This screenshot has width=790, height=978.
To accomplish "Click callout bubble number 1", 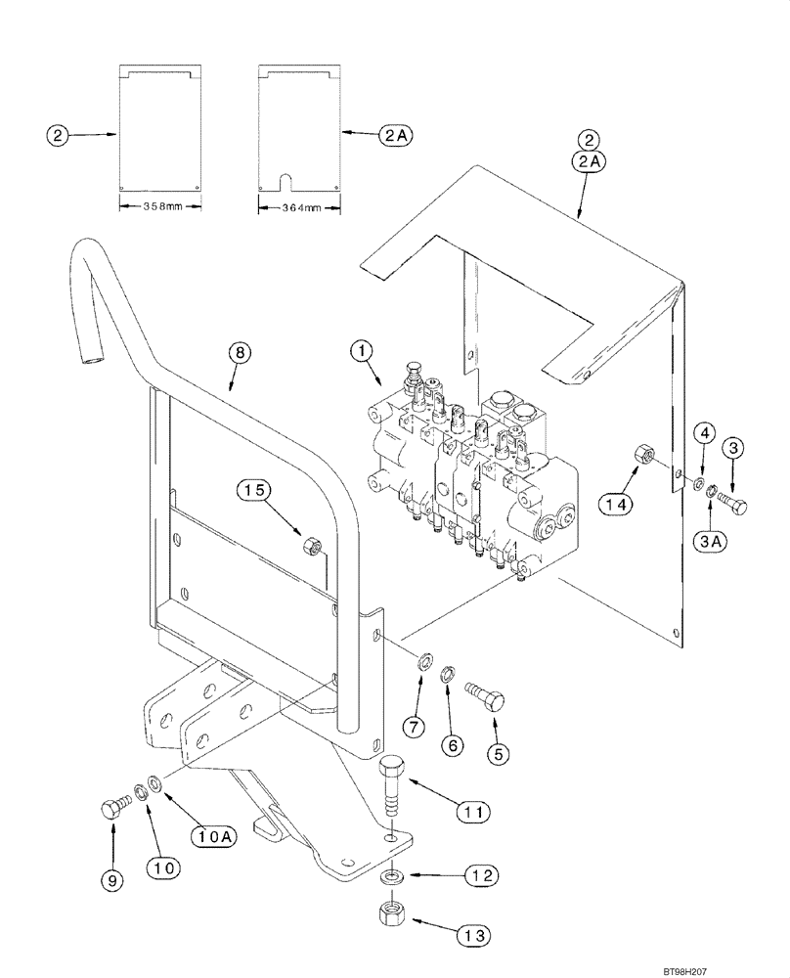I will point(363,348).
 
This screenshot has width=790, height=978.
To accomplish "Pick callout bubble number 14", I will point(614,506).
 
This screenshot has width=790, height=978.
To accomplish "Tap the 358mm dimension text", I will point(159,207).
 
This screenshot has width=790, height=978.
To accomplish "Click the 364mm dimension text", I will point(300,207).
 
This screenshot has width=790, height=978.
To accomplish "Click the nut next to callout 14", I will point(645,454).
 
